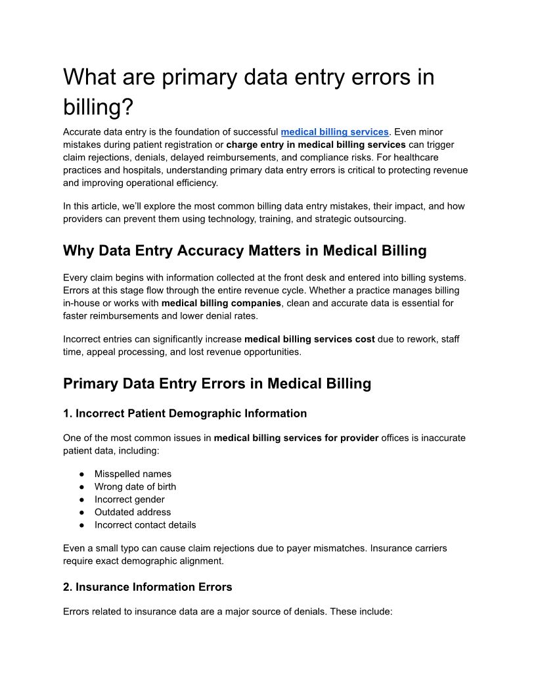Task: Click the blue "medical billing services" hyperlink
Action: pyautogui.click(x=334, y=132)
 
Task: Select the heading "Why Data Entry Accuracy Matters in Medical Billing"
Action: pyautogui.click(x=244, y=250)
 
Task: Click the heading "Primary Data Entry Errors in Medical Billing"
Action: pyautogui.click(x=217, y=383)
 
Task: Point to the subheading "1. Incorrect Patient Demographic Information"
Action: pyautogui.click(x=185, y=413)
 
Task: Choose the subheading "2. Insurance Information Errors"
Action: pyautogui.click(x=147, y=586)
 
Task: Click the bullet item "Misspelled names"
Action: pyautogui.click(x=133, y=474)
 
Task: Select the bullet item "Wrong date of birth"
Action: pyautogui.click(x=135, y=486)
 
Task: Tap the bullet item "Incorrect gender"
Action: pyautogui.click(x=129, y=499)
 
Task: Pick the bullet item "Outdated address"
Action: pyautogui.click(x=132, y=512)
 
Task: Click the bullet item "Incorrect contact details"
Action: pyautogui.click(x=145, y=524)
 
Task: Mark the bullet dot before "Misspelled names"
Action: pyautogui.click(x=81, y=474)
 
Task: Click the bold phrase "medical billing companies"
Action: pyautogui.click(x=222, y=303)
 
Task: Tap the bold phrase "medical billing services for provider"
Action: pyautogui.click(x=296, y=438)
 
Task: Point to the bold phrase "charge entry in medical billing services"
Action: pyautogui.click(x=316, y=145)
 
